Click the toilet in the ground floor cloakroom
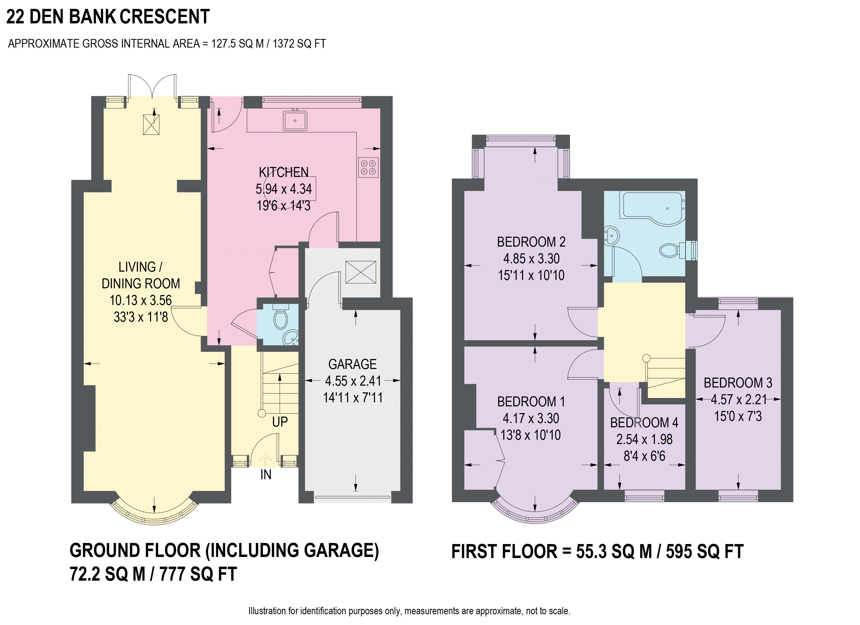[x=281, y=318]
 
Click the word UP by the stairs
[x=280, y=422]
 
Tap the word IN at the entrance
[x=266, y=475]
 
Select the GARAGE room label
[x=352, y=364]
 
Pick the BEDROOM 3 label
[x=738, y=383]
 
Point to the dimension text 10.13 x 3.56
[x=141, y=300]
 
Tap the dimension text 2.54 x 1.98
[x=644, y=439]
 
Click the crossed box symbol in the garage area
[x=361, y=272]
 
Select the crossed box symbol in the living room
[x=151, y=125]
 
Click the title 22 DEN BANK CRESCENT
[x=108, y=17]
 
